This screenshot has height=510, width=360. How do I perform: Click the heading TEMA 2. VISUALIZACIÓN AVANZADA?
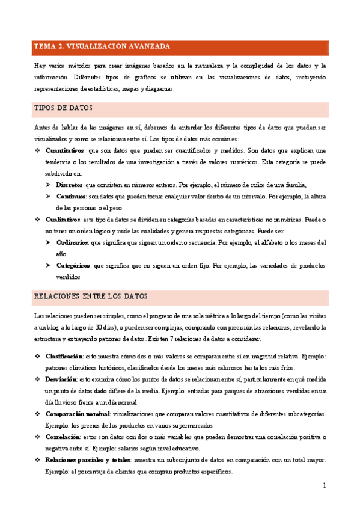(102, 46)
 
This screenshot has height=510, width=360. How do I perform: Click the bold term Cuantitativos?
(65, 150)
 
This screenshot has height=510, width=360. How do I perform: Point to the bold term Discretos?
(70, 185)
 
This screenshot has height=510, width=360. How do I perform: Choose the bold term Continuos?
(71, 197)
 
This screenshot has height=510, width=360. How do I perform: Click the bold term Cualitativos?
(63, 220)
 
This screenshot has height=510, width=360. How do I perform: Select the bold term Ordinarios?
(72, 243)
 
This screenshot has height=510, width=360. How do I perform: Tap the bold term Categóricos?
(74, 265)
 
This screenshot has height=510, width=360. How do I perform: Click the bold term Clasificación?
(64, 357)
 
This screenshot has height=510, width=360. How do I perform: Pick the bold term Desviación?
(61, 379)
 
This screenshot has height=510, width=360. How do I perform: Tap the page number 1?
(324, 485)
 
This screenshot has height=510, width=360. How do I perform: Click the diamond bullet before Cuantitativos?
(37, 150)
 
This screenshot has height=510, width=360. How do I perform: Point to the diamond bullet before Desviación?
(37, 379)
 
